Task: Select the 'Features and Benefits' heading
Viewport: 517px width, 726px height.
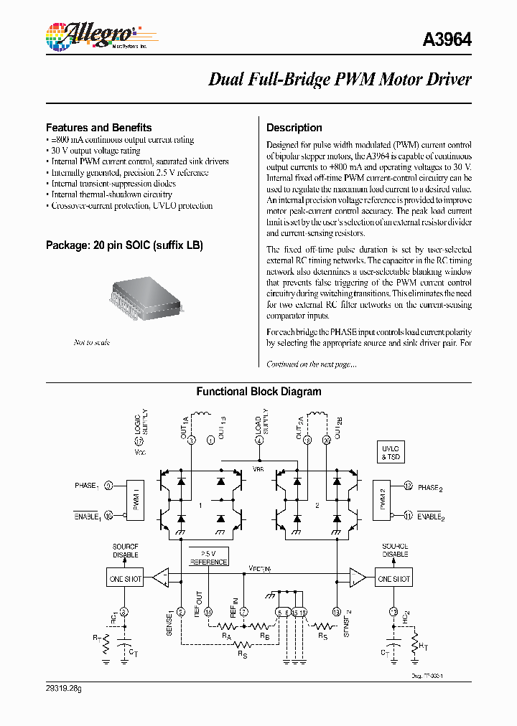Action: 98,127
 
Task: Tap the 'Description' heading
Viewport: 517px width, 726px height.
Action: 294,128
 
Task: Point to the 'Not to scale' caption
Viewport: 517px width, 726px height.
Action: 91,342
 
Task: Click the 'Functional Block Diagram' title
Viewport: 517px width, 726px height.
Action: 258,392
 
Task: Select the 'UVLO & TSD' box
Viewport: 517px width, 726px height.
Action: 391,452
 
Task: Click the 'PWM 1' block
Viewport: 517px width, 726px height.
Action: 136,499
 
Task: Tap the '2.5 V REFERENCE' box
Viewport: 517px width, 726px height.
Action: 208,557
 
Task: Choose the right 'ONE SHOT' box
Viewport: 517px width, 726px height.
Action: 393,578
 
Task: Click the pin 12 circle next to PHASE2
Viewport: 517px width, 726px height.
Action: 407,486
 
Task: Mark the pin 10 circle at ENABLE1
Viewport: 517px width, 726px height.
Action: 109,514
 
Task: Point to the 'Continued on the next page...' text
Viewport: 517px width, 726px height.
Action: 312,364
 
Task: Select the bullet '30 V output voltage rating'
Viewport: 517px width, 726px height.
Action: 96,151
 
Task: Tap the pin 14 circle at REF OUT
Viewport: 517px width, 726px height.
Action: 208,611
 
